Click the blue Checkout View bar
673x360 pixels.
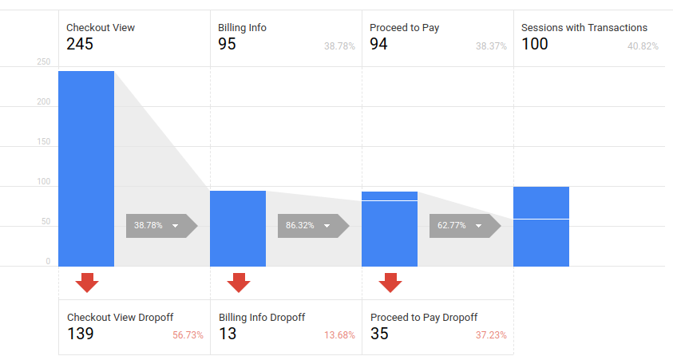[86, 168]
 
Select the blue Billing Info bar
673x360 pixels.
[238, 228]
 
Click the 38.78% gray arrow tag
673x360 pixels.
[160, 226]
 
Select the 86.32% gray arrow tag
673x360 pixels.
[312, 226]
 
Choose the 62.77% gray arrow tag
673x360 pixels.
[464, 226]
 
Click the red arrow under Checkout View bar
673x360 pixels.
[86, 283]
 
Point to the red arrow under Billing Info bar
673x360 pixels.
[238, 283]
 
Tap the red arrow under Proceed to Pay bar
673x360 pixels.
[390, 283]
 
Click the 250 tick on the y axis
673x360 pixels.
[43, 62]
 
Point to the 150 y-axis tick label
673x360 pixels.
[43, 142]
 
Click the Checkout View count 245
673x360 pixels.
[80, 44]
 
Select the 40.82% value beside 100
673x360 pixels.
[643, 46]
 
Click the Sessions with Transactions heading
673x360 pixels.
[584, 27]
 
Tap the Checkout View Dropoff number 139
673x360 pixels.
[81, 334]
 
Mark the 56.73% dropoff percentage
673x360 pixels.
[188, 335]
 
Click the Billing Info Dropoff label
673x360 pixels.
[262, 317]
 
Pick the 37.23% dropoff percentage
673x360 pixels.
[491, 335]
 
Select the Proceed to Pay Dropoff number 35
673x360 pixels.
[379, 334]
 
